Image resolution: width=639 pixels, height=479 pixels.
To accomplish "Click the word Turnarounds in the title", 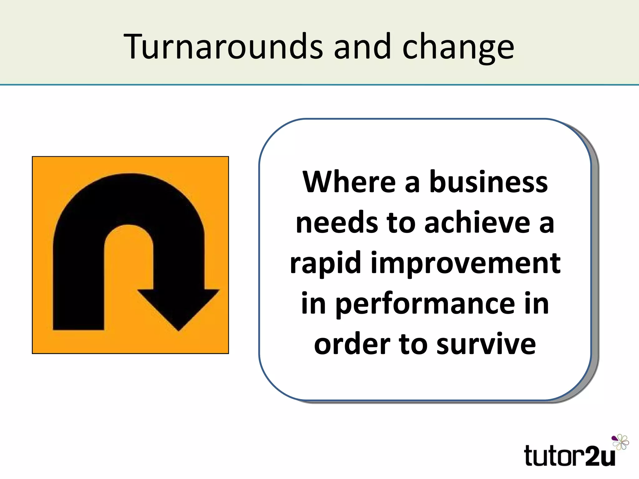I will pos(223,47).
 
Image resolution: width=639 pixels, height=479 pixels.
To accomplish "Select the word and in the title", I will pos(362,47).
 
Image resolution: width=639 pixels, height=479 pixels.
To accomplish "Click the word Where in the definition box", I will pos(349,182).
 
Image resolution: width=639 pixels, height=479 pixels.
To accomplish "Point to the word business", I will pos(488,182).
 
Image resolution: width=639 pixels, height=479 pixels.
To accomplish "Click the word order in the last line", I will pos(352,344).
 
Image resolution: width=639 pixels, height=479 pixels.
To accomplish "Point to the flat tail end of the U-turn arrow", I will pos(78,326).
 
